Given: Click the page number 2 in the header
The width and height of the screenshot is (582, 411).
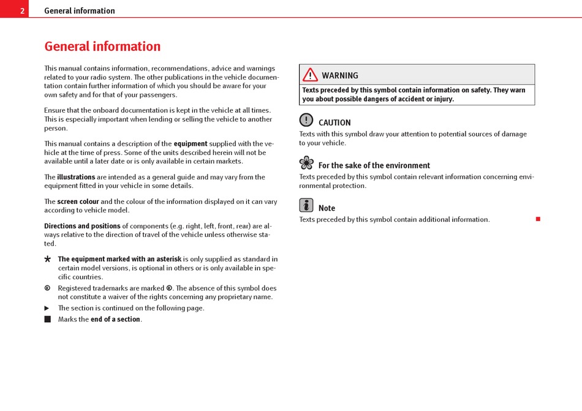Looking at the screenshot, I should pos(22,10).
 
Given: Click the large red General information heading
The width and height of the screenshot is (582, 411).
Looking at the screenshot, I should pos(102,47).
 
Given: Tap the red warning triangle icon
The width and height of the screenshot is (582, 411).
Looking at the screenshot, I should pos(310,75).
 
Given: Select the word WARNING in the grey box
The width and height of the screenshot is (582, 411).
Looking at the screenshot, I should pos(340,75).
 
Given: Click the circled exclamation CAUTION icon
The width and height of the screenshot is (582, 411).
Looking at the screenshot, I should pos(306,120).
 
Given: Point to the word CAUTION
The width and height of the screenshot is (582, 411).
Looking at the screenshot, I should pos(334,123).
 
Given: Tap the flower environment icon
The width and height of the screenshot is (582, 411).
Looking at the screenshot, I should pos(306,163).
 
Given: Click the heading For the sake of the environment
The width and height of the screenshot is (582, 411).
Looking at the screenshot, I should pos(374,165).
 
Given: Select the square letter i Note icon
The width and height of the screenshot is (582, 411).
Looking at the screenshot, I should pos(306,205).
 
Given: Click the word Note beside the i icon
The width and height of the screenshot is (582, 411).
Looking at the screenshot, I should pos(327,208).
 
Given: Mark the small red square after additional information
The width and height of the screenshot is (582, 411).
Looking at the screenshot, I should pos(538,219).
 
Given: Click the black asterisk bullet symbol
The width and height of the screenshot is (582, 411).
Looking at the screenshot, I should pos(48,260).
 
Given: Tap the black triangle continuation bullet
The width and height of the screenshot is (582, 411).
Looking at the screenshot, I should pos(47,308).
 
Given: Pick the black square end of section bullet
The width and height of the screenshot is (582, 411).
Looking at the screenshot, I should pos(47,319).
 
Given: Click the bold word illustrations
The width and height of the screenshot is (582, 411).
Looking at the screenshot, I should pos(76,177).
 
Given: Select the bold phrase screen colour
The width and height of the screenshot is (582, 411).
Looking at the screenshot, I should pos(78,202).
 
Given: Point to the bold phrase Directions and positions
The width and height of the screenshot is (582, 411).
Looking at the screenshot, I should pos(82,226).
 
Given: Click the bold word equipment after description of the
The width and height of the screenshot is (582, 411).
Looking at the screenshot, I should pos(191,144).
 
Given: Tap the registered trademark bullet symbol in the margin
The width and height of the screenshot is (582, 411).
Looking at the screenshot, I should pos(47,288).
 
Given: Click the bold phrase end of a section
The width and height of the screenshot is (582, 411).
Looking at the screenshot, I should pos(116,319).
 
